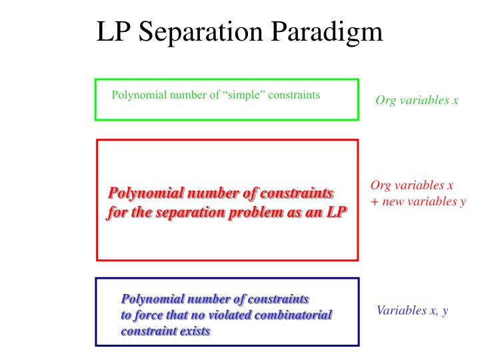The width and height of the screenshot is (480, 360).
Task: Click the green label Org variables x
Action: [x=417, y=101]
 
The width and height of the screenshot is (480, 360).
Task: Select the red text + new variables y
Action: [x=418, y=201]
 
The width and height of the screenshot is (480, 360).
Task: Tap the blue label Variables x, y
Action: [x=412, y=310]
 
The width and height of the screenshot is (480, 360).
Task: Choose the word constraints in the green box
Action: [x=295, y=95]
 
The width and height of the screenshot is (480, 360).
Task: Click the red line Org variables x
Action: [x=412, y=186]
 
